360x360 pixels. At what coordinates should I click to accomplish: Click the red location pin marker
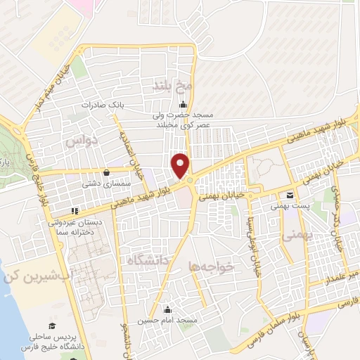pyautogui.click(x=181, y=165)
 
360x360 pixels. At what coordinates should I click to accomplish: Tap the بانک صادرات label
pyautogui.click(x=107, y=104)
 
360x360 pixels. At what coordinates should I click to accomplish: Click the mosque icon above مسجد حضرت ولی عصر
pyautogui.click(x=163, y=105)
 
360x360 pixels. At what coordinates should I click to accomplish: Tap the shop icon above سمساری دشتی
pyautogui.click(x=106, y=172)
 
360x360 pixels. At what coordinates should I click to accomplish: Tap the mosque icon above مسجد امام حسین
pyautogui.click(x=167, y=309)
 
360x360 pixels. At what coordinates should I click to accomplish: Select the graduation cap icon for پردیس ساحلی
pyautogui.click(x=51, y=325)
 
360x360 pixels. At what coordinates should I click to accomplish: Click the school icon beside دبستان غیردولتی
pyautogui.click(x=75, y=210)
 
